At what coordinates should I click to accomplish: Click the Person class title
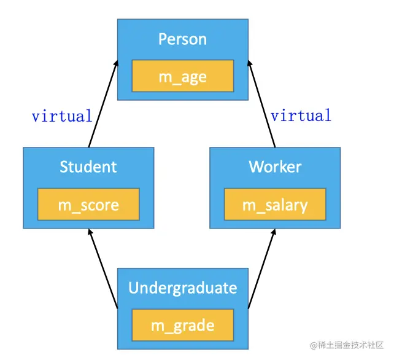[x=182, y=39]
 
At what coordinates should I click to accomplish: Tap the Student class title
[x=88, y=166]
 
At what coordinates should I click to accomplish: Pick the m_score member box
[x=88, y=205]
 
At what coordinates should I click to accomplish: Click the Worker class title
[x=275, y=166]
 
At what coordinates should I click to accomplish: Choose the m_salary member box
[x=275, y=205]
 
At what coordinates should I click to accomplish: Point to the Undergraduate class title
[x=182, y=288]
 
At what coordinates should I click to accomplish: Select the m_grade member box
[x=182, y=326]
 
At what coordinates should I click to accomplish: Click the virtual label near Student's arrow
[x=62, y=115]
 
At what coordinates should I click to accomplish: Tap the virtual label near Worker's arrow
[x=301, y=115]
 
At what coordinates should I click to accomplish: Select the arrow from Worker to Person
[x=262, y=104]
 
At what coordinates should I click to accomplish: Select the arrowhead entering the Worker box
[x=274, y=233]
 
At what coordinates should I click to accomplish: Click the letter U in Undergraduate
[x=133, y=288]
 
